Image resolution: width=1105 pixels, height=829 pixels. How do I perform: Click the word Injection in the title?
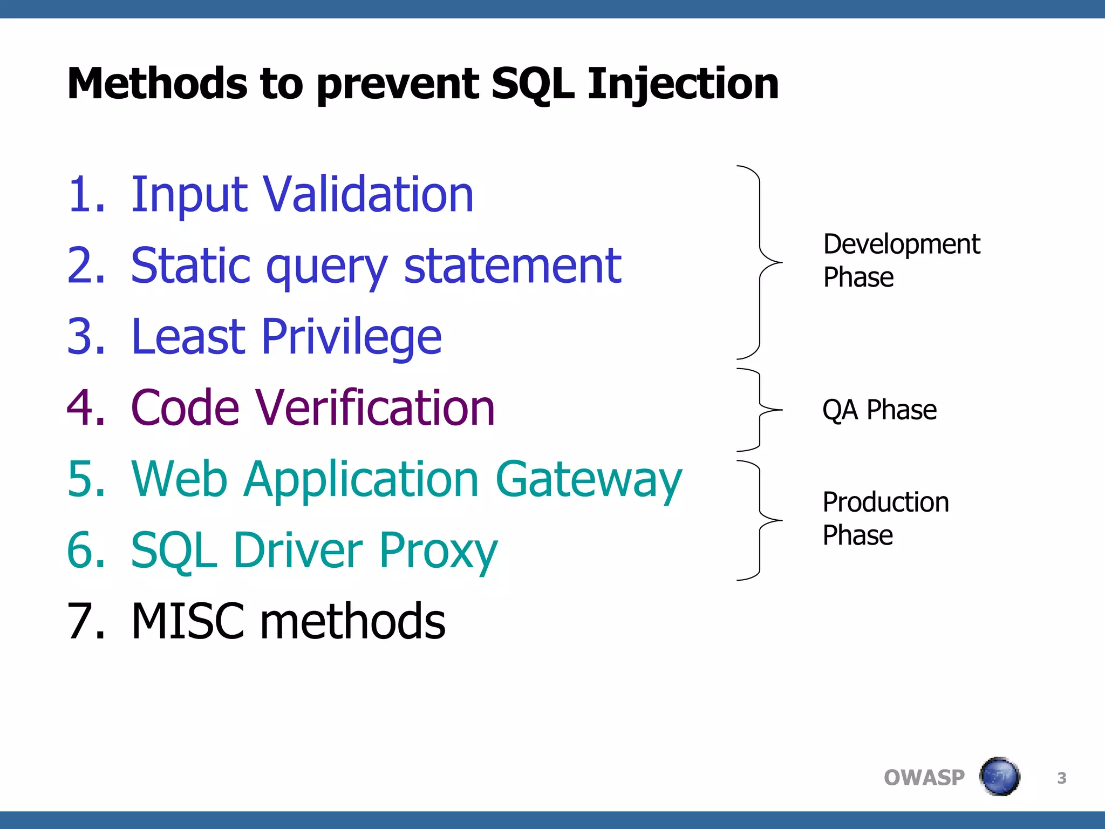683,84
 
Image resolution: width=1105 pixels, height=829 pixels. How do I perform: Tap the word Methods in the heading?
157,84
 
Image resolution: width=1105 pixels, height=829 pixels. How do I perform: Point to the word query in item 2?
327,267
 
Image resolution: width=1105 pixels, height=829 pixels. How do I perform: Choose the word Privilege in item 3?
352,337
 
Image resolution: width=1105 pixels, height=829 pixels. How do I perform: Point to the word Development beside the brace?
901,244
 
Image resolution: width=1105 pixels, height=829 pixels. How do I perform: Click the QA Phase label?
879,410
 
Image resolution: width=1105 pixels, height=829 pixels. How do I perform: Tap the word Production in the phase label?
885,502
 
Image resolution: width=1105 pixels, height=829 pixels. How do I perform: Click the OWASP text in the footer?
924,778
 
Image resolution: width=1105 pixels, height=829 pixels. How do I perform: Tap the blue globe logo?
999,777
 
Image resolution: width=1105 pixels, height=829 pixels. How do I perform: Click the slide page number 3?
1061,778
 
